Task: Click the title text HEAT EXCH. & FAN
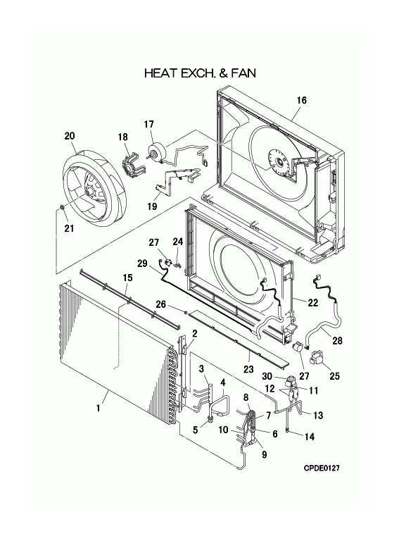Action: (x=199, y=73)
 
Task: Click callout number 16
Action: (x=301, y=100)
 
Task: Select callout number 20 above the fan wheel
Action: (x=70, y=135)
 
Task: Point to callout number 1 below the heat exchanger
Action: (x=100, y=408)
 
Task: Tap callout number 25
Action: (x=334, y=375)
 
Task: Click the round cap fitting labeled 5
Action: (x=209, y=421)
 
